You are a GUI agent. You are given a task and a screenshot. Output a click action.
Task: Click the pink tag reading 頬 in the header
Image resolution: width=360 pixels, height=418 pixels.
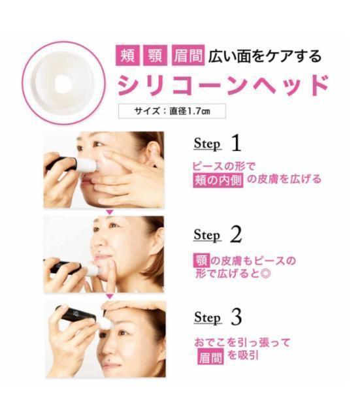pyautogui.click(x=127, y=56)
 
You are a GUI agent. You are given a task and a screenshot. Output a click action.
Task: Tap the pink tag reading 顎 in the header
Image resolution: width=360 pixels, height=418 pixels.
pyautogui.click(x=155, y=56)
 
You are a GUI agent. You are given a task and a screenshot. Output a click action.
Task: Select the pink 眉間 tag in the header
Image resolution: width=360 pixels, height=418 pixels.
pyautogui.click(x=188, y=56)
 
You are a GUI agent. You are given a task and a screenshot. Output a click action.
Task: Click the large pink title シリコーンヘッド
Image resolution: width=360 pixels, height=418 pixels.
pyautogui.click(x=223, y=85)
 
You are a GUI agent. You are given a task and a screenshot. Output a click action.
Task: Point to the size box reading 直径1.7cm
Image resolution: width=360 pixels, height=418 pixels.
pyautogui.click(x=172, y=111)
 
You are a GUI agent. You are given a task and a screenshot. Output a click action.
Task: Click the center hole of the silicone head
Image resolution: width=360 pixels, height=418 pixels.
pyautogui.click(x=63, y=84)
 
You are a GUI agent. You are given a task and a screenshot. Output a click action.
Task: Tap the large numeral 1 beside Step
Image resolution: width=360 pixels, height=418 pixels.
pyautogui.click(x=237, y=142)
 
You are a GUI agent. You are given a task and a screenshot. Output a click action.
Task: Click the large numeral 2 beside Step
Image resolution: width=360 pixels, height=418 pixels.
pyautogui.click(x=237, y=234)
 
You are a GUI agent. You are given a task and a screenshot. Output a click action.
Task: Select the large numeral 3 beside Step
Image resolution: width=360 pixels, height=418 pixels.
pyautogui.click(x=237, y=317)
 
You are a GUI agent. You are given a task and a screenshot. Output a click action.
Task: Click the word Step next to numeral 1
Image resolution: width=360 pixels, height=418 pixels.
pyautogui.click(x=208, y=144)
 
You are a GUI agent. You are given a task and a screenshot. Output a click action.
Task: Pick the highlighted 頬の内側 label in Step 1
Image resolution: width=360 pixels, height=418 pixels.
pyautogui.click(x=218, y=180)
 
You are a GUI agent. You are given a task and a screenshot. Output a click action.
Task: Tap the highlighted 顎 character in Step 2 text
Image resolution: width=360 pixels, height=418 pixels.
pyautogui.click(x=201, y=260)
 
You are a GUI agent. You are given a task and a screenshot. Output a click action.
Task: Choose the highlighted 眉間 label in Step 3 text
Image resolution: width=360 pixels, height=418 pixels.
pyautogui.click(x=210, y=357)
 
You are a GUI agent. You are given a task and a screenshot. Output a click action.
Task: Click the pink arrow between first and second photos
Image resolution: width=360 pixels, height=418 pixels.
pyautogui.click(x=110, y=212)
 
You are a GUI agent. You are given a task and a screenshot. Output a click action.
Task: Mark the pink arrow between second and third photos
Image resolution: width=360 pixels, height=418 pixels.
pyautogui.click(x=110, y=296)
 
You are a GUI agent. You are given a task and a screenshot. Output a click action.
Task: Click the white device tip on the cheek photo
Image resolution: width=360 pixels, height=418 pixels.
pyautogui.click(x=87, y=165)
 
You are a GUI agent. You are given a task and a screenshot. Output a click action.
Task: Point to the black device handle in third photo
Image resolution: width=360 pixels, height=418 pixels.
pyautogui.click(x=76, y=313)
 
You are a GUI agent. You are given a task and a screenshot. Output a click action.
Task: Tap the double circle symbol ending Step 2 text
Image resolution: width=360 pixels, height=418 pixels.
pyautogui.click(x=266, y=274)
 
